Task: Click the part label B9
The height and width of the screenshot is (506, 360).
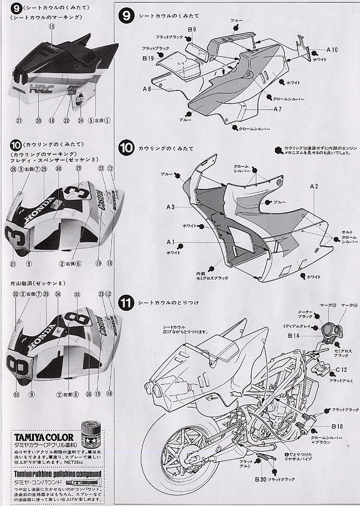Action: pos(191,30)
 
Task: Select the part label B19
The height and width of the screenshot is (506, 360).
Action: pos(148,59)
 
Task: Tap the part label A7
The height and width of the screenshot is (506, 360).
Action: pos(277,109)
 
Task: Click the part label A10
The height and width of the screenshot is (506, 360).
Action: pos(332,50)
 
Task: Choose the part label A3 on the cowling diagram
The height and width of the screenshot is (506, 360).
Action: pos(172,206)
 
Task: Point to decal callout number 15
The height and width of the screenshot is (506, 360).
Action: pos(51,26)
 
